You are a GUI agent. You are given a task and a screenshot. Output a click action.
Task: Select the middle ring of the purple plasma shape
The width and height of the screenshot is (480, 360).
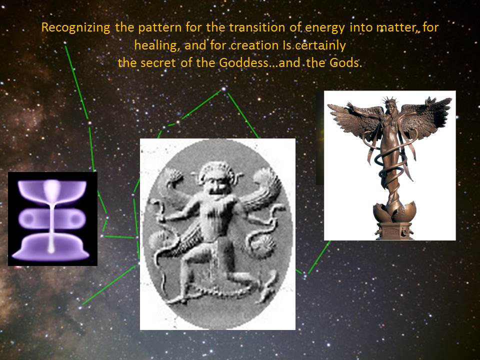(52, 218)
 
